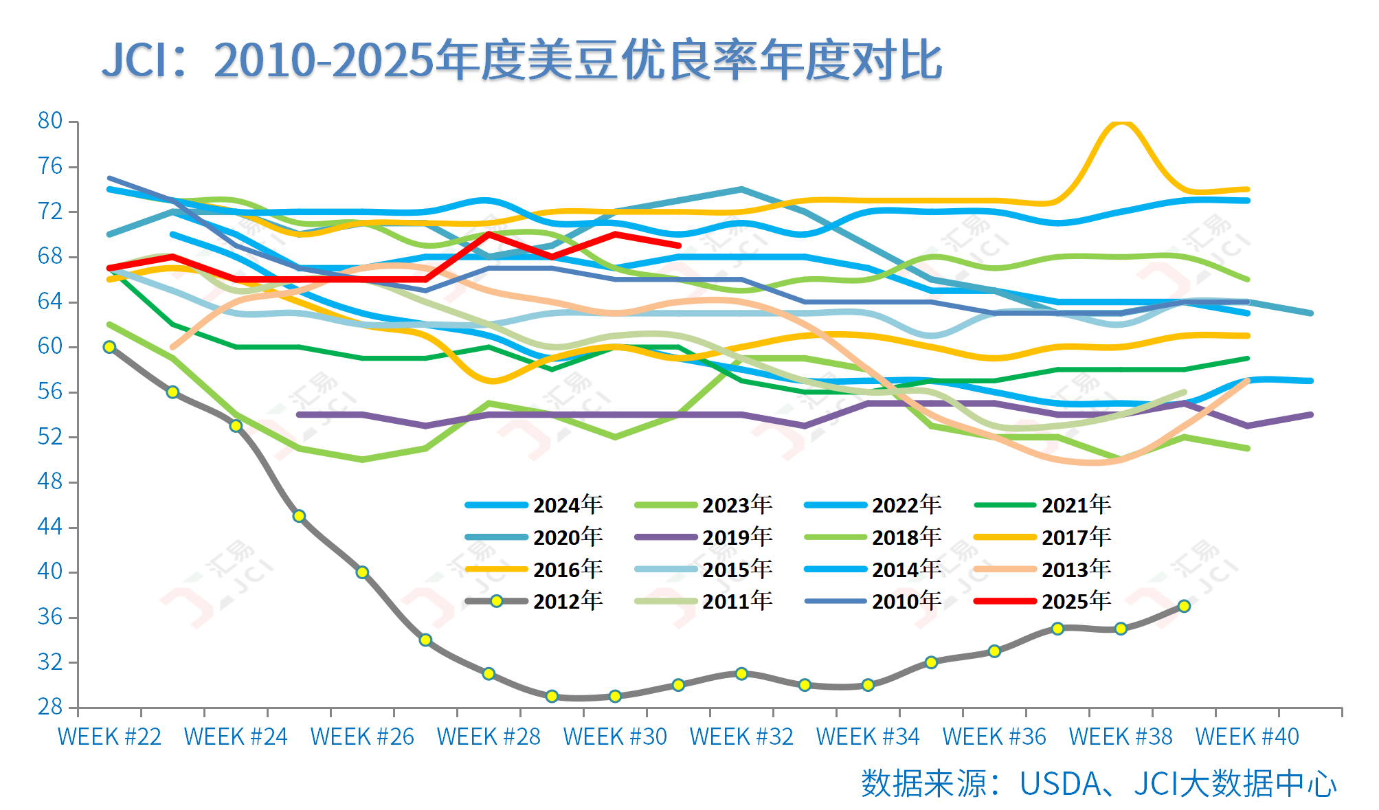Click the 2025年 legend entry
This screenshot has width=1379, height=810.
point(1075,601)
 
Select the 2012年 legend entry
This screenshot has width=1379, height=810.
point(567,601)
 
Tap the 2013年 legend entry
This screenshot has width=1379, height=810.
point(1075,569)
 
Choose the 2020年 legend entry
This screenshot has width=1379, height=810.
point(567,537)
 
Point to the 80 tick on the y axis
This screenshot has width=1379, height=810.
point(49,121)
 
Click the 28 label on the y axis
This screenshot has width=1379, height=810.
point(49,706)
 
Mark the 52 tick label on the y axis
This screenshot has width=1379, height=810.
point(49,436)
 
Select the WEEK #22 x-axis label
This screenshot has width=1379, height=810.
point(109,737)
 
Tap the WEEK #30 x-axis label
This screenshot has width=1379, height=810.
point(615,737)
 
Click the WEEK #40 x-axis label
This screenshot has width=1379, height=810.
point(1247,737)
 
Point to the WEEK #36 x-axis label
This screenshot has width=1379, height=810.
point(994,737)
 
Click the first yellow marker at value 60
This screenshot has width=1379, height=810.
point(109,347)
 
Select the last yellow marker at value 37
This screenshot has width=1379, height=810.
point(1184,606)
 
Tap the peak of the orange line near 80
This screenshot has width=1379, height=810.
point(1121,122)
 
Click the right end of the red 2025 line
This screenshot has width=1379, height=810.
point(678,245)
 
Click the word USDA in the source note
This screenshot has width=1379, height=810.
point(1060,784)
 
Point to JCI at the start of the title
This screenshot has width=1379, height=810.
point(135,60)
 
